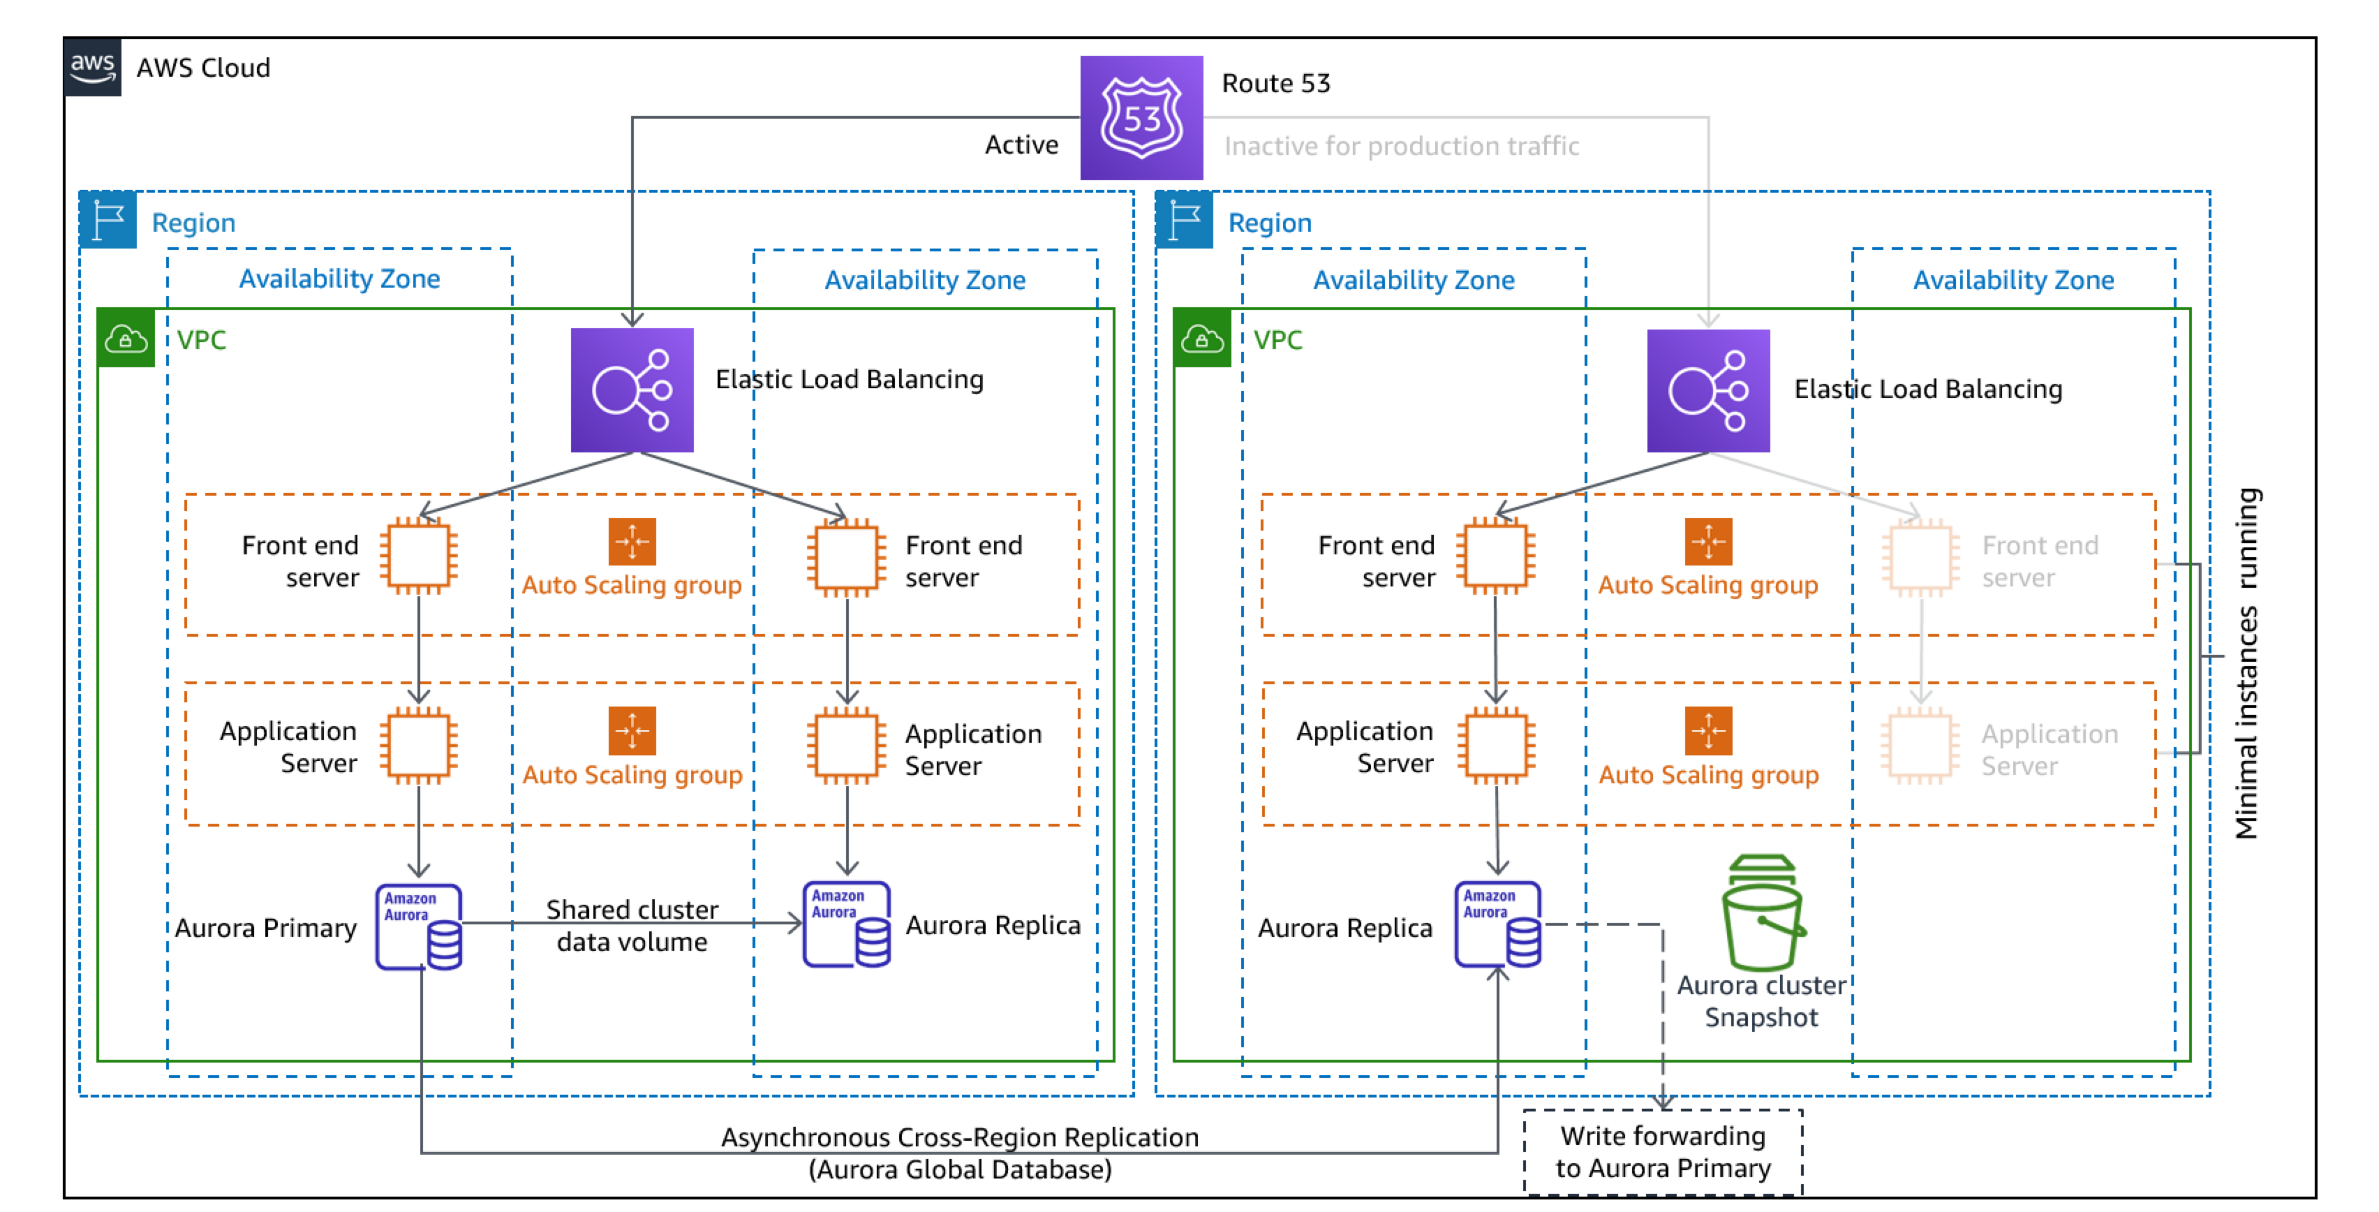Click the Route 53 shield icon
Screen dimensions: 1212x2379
(x=1141, y=117)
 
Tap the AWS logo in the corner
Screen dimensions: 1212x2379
(x=92, y=66)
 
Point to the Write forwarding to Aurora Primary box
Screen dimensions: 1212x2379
(x=1662, y=1151)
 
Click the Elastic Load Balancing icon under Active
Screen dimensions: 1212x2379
(x=632, y=390)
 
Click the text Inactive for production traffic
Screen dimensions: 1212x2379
(x=1401, y=146)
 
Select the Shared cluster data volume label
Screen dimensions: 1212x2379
(x=632, y=926)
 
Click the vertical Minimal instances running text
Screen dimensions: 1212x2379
(x=2247, y=663)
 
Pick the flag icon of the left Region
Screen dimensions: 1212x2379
(x=108, y=220)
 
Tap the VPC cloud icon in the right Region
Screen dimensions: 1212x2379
(x=1201, y=339)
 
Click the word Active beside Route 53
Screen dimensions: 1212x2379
(x=1021, y=145)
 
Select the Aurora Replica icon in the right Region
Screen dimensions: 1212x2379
(x=1497, y=924)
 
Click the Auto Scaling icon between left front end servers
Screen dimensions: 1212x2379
(x=632, y=541)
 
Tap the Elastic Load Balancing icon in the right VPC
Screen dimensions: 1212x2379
(x=1707, y=390)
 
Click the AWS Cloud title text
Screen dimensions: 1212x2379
(x=203, y=68)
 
